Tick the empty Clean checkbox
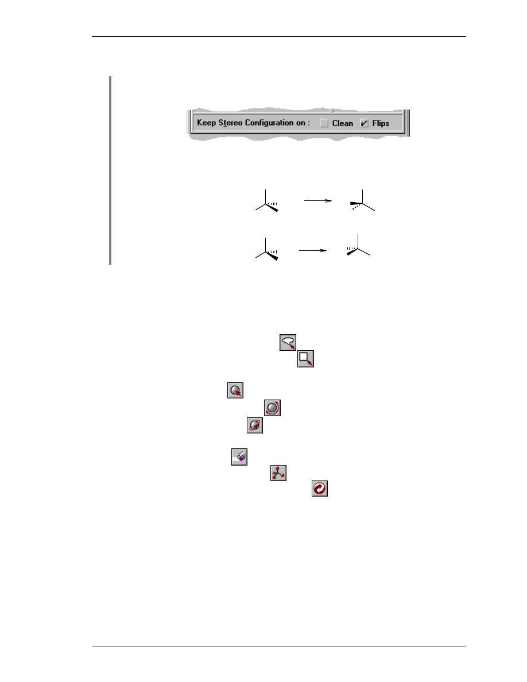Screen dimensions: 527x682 [324, 123]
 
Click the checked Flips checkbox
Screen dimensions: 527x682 [364, 123]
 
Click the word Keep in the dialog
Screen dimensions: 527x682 [206, 123]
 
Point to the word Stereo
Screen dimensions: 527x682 [230, 123]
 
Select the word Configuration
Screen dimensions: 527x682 [269, 123]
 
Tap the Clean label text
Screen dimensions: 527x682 [343, 123]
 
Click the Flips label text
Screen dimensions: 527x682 [381, 123]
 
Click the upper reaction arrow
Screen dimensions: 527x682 [318, 200]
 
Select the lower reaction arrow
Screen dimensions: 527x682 [313, 250]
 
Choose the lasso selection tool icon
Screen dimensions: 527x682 [288, 342]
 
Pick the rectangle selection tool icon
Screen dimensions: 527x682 [305, 359]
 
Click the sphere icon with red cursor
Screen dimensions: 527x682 [235, 390]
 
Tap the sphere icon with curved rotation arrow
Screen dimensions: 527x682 [272, 408]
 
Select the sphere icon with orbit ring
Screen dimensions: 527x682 [255, 425]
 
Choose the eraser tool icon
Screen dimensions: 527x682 [239, 457]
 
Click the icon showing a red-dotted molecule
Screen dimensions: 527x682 [278, 473]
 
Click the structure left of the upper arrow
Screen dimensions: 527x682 [266, 201]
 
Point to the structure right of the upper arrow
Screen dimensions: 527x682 [362, 200]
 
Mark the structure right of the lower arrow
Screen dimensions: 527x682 [358, 245]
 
